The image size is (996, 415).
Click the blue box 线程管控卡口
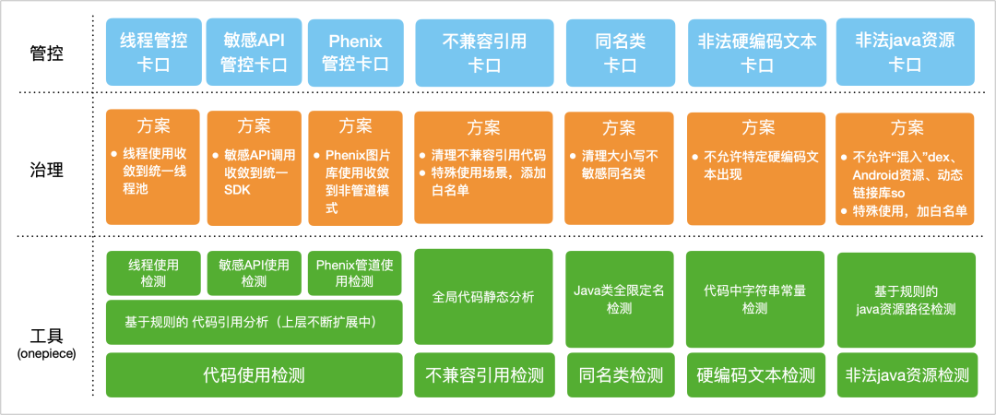pyautogui.click(x=153, y=52)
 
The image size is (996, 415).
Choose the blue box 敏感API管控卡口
pyautogui.click(x=254, y=52)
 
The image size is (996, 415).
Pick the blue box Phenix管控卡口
pyautogui.click(x=355, y=52)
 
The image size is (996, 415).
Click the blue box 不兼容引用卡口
pyautogui.click(x=484, y=52)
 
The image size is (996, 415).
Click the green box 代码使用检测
pyautogui.click(x=254, y=374)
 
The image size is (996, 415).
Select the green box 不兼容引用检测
pyautogui.click(x=484, y=374)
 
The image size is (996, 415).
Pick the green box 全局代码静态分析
pyautogui.click(x=484, y=297)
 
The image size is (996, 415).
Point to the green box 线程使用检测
pyautogui.click(x=153, y=272)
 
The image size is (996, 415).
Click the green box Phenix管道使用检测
pyautogui.click(x=355, y=272)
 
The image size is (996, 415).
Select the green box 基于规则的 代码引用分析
pyautogui.click(x=254, y=322)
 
